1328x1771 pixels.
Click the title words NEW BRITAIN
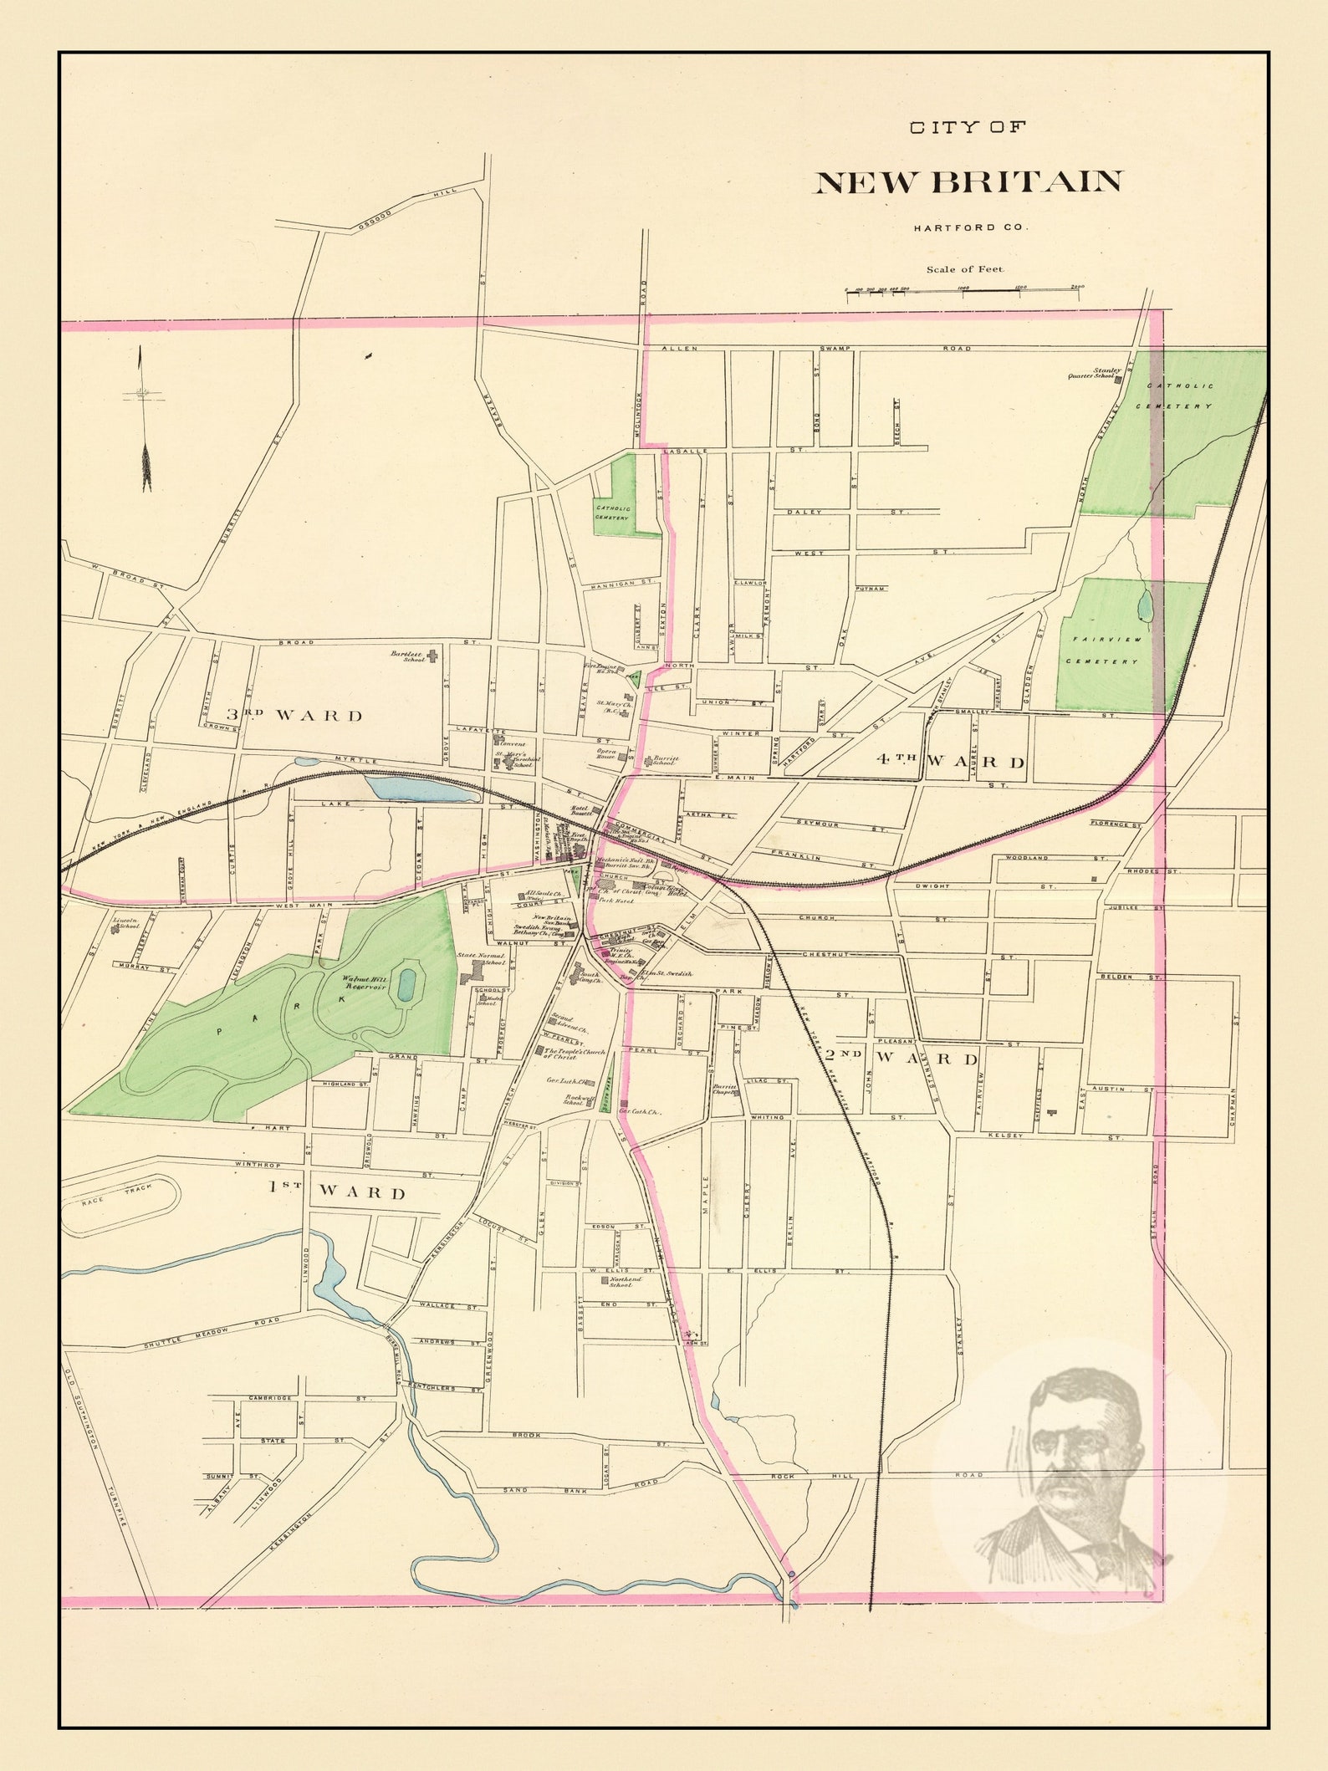coord(968,181)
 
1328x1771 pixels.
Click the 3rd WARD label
coord(294,715)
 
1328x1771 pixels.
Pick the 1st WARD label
coord(337,1192)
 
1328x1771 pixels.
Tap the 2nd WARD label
coord(902,1058)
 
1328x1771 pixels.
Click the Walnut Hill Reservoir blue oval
coord(407,983)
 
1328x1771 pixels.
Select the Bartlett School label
coord(410,656)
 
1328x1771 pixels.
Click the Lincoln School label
coord(125,924)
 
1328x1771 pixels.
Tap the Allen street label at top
coord(679,348)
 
